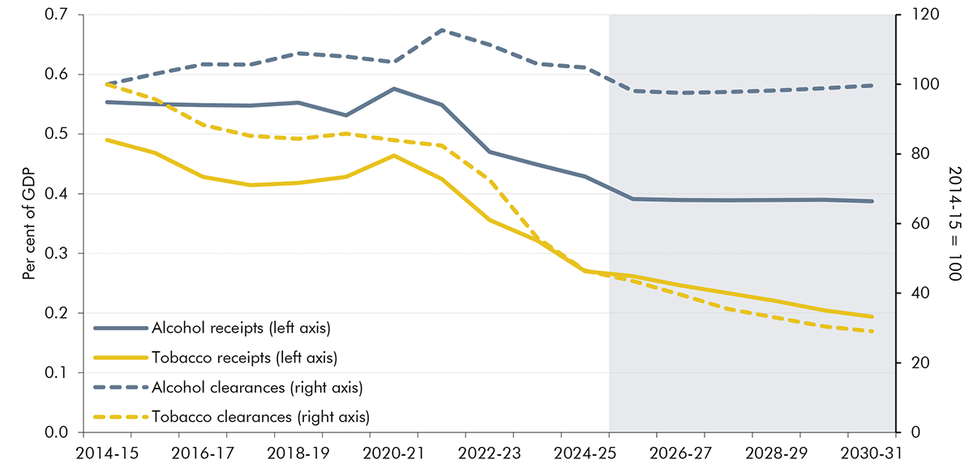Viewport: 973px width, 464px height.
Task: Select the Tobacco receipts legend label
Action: click(x=244, y=358)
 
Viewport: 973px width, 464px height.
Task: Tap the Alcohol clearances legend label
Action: click(x=256, y=388)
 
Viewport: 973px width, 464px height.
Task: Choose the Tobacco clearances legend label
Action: click(x=259, y=418)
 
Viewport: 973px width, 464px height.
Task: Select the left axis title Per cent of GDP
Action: click(x=29, y=224)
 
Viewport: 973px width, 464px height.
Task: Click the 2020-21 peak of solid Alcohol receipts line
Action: click(x=394, y=88)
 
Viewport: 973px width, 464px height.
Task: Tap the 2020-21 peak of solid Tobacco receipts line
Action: click(x=394, y=155)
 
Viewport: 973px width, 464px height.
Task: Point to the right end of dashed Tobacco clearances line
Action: click(x=872, y=332)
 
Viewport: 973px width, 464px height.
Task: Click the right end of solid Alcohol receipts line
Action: click(x=872, y=201)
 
